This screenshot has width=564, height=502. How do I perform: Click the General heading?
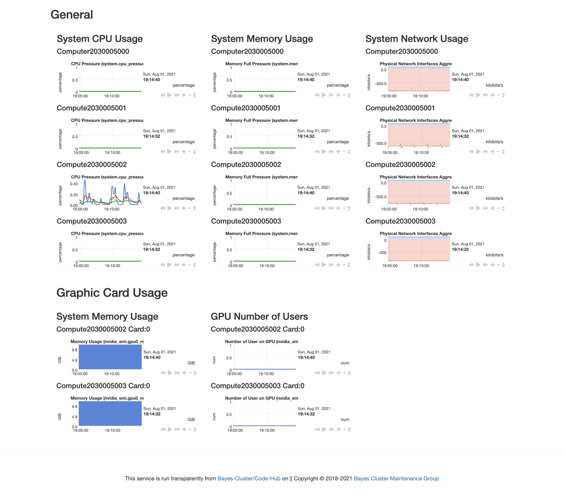tap(71, 15)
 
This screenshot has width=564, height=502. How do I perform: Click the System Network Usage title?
tap(416, 39)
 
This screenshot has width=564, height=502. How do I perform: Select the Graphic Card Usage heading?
tap(112, 293)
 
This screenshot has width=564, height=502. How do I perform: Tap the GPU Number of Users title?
tap(259, 316)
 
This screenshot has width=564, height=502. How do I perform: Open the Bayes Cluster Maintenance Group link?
tap(396, 478)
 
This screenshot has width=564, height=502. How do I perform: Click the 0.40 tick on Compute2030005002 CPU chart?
tap(74, 184)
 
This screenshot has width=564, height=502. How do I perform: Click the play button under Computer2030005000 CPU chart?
tap(169, 95)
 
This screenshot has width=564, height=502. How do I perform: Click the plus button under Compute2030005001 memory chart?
tap(338, 152)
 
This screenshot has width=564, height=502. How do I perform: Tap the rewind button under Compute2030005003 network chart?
tap(471, 265)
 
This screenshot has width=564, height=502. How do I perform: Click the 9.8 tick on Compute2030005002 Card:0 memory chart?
tap(74, 350)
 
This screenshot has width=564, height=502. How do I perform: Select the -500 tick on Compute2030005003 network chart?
tap(382, 253)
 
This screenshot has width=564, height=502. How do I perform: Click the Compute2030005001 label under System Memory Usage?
tap(246, 108)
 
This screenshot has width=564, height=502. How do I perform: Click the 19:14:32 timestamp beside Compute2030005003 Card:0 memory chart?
tap(152, 414)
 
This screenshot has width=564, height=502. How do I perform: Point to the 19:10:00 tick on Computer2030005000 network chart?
tap(420, 96)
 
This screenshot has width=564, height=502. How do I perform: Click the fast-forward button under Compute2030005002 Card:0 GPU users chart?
tap(331, 373)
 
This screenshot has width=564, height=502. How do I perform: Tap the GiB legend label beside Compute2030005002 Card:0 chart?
tap(191, 363)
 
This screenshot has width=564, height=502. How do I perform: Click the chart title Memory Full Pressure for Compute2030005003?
tap(261, 234)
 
